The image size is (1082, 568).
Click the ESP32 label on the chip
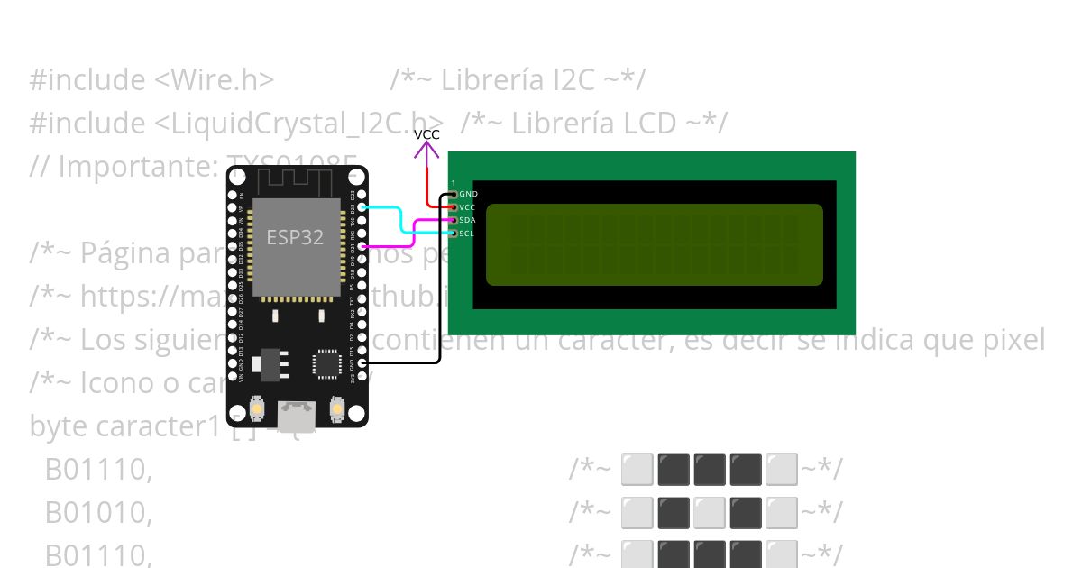pyautogui.click(x=296, y=237)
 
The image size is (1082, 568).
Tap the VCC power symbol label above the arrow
pyautogui.click(x=426, y=134)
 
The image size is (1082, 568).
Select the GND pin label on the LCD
pyautogui.click(x=468, y=194)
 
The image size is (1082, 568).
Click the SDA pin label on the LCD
pyautogui.click(x=467, y=220)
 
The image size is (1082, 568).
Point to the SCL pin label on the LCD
pyautogui.click(x=466, y=234)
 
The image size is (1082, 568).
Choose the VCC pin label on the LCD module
pyautogui.click(x=467, y=207)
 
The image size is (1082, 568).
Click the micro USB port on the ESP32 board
pyautogui.click(x=297, y=416)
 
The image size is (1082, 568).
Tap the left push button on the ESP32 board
pyautogui.click(x=258, y=408)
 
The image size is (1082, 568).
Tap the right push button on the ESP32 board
pyautogui.click(x=338, y=408)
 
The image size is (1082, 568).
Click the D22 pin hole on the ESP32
pyautogui.click(x=362, y=207)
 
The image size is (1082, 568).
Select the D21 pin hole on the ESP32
pyautogui.click(x=362, y=246)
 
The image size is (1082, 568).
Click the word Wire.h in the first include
pyautogui.click(x=215, y=80)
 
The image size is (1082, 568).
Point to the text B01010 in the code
pyautogui.click(x=98, y=512)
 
